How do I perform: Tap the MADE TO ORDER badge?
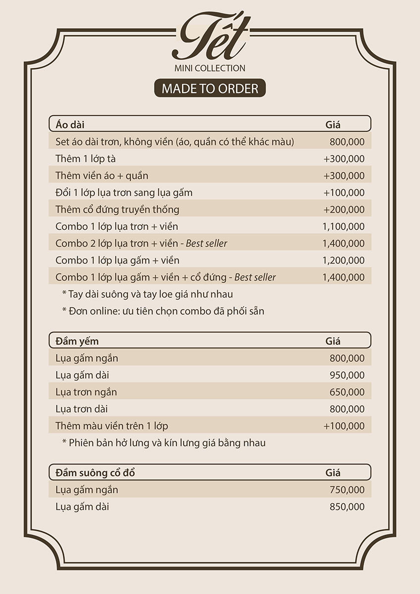(210, 88)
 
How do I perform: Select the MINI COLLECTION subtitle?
(210, 68)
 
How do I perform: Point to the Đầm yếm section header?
(77, 341)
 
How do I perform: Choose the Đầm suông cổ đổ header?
(95, 473)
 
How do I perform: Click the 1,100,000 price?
(343, 226)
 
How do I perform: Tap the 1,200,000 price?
(343, 260)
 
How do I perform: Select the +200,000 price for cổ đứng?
(344, 209)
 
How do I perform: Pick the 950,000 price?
(347, 375)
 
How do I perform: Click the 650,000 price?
(347, 392)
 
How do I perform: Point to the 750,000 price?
(347, 490)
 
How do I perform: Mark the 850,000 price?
(347, 506)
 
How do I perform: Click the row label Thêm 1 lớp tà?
(86, 159)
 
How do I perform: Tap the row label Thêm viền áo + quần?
(102, 176)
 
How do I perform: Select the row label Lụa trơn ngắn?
(86, 392)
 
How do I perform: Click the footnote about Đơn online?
(163, 311)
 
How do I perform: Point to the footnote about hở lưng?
(163, 443)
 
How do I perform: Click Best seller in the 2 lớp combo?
(207, 243)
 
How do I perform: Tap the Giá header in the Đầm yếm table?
(333, 341)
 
